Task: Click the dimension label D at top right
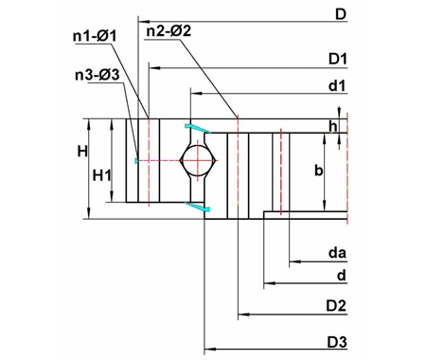pyautogui.click(x=340, y=13)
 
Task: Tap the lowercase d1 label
pyautogui.click(x=336, y=86)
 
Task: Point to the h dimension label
pyautogui.click(x=332, y=126)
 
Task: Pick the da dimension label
pyautogui.click(x=335, y=253)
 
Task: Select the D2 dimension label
pyautogui.click(x=337, y=305)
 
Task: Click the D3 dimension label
pyautogui.click(x=337, y=340)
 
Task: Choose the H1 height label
pyautogui.click(x=103, y=175)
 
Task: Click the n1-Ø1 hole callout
pyautogui.click(x=94, y=35)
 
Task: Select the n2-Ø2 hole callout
pyautogui.click(x=169, y=31)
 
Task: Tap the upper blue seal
pyautogui.click(x=195, y=127)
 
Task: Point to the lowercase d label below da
pyautogui.click(x=339, y=276)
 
